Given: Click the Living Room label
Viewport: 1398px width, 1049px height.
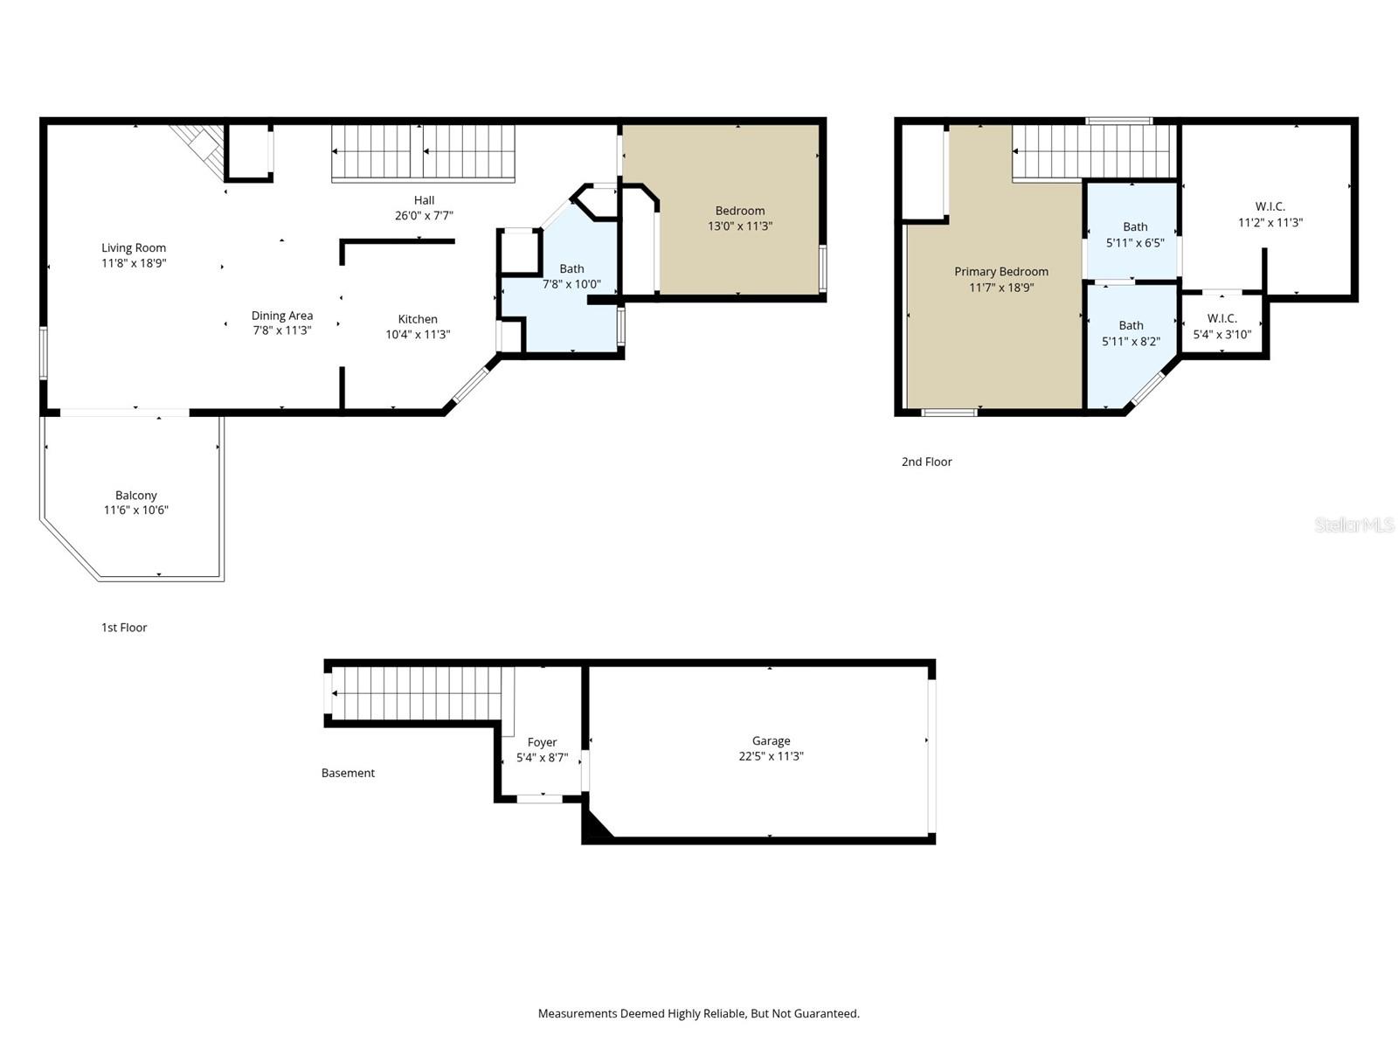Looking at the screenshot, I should [x=134, y=248].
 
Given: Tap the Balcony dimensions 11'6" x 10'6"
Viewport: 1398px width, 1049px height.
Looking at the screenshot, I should [x=136, y=511].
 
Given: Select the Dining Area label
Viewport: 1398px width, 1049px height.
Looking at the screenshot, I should [x=281, y=316].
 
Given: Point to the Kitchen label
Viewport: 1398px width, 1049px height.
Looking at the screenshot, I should [x=418, y=319].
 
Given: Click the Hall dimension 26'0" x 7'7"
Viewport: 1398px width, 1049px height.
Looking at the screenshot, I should [x=424, y=216].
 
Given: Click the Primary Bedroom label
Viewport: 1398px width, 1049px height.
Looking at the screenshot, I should [x=1000, y=272].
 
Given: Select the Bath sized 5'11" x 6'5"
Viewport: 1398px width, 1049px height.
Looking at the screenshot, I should [x=1135, y=234].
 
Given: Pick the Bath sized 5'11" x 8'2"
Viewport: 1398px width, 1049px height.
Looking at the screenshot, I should [x=1131, y=333].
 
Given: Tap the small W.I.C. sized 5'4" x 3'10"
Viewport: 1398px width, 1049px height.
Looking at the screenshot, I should [x=1222, y=326].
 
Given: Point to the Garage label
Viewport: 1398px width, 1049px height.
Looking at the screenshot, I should [x=771, y=741].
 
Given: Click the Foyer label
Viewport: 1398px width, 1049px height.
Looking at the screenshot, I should [x=542, y=743].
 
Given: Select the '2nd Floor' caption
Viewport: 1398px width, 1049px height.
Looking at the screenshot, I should [x=926, y=462].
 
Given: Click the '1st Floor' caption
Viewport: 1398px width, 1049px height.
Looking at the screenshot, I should [x=124, y=628].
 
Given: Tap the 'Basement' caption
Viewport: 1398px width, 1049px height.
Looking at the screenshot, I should [x=348, y=773].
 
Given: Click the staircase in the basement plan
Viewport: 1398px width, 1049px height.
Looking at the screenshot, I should [x=415, y=693].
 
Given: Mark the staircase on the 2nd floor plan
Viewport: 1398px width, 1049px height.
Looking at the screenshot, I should [x=1092, y=151].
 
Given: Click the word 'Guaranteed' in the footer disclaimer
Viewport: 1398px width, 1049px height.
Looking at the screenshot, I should [x=828, y=1014].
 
